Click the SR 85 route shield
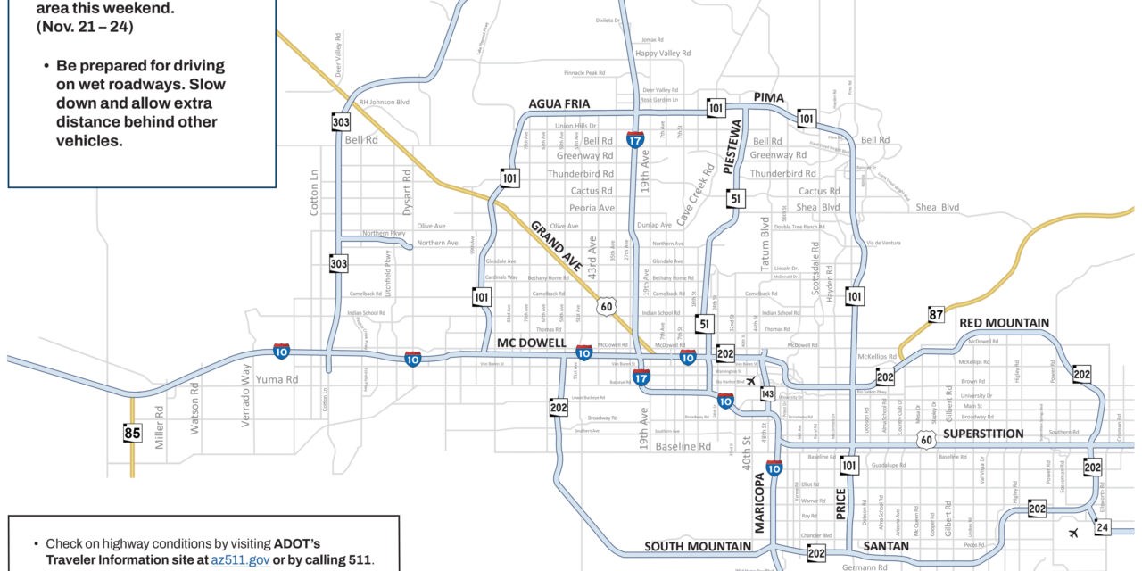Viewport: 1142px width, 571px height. click(132, 434)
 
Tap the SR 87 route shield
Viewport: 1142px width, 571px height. click(935, 314)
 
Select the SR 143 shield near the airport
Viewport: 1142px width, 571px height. click(767, 394)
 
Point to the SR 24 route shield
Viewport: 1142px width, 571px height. click(1103, 527)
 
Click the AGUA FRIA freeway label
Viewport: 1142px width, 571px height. click(559, 103)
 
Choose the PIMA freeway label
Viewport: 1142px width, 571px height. click(768, 96)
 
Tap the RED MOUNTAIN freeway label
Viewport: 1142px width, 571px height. click(1004, 322)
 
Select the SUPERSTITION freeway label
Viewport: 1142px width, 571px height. click(983, 434)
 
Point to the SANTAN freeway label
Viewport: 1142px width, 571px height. click(886, 546)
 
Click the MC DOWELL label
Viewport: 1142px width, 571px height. click(532, 343)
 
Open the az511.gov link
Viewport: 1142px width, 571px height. click(239, 559)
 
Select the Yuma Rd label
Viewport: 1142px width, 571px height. click(277, 378)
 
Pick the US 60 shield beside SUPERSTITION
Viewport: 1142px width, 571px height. click(927, 438)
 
